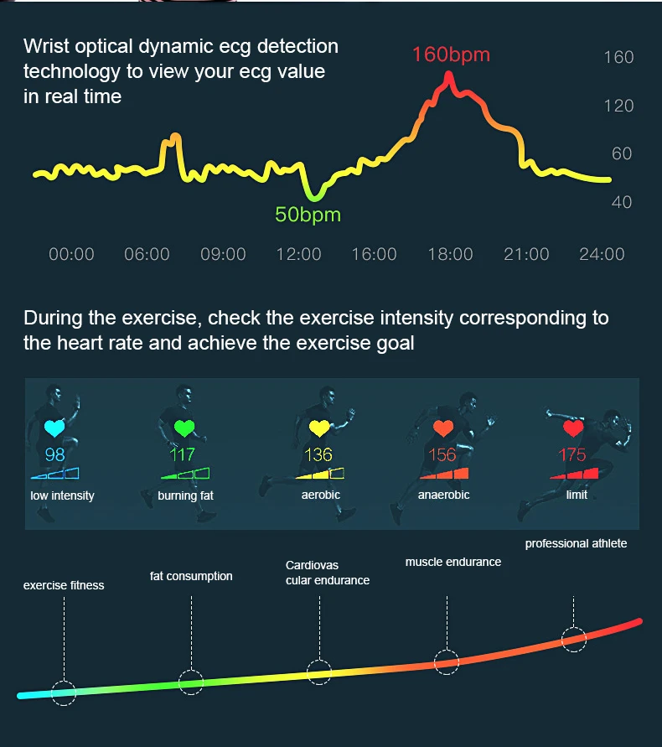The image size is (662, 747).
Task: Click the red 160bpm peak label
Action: (450, 55)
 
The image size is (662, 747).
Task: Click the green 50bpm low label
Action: (308, 215)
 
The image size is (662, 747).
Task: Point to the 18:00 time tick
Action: (450, 254)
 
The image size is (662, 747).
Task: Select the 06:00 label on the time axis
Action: (147, 254)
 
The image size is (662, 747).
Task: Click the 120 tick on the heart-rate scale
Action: (618, 106)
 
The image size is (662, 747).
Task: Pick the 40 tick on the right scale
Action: (622, 202)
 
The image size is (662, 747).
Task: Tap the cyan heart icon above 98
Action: (55, 429)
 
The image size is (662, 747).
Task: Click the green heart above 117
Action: (183, 429)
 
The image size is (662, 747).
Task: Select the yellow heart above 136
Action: (319, 429)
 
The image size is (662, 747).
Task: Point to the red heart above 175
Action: (573, 429)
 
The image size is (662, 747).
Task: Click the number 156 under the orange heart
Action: (442, 455)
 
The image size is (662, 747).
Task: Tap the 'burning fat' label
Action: (185, 495)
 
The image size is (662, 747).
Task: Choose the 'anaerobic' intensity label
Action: (443, 495)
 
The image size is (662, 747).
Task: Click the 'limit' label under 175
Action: (577, 495)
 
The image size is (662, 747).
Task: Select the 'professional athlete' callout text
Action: (576, 544)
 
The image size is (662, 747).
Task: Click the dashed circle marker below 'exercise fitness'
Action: (64, 692)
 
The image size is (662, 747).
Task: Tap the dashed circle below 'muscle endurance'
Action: (447, 661)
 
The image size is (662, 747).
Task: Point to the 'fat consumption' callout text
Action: (191, 576)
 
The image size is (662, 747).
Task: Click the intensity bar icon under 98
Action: (54, 474)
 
